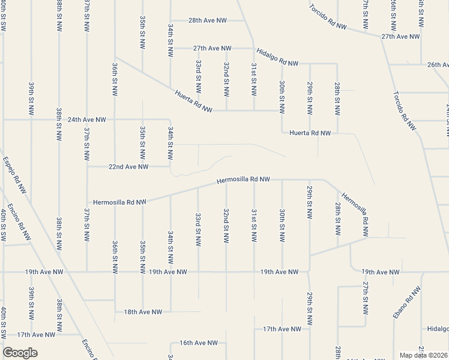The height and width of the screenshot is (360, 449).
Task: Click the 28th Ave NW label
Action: [208, 20]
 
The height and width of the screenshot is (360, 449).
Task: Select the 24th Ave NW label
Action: [86, 119]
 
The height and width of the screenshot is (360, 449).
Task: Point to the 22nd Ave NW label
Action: [127, 167]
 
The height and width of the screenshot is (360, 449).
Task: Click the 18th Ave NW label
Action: [143, 311]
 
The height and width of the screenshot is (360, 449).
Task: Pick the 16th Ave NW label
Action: [199, 343]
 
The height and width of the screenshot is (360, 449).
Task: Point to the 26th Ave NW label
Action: [438, 64]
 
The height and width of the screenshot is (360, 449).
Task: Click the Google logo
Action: [20, 352]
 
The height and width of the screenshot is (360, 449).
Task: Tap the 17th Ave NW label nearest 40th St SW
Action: [36, 334]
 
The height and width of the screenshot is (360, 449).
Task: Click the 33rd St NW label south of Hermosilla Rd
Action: [198, 229]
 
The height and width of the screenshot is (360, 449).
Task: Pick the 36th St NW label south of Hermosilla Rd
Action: [114, 256]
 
